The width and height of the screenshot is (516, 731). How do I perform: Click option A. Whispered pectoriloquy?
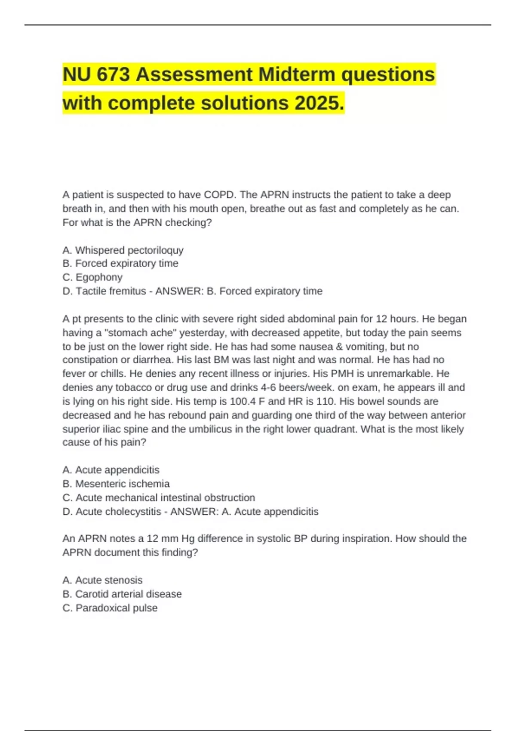point(123,250)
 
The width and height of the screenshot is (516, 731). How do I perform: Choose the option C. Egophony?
point(92,277)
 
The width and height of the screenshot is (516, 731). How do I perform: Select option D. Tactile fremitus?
point(104,291)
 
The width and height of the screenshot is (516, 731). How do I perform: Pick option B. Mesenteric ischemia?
point(116,484)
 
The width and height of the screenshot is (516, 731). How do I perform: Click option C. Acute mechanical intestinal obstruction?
point(159,498)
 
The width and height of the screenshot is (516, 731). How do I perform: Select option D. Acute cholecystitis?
point(112,512)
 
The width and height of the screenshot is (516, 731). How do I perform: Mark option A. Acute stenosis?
point(102,580)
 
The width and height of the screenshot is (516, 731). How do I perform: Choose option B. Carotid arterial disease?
point(122,594)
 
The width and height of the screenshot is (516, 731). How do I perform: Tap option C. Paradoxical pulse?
point(110,608)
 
